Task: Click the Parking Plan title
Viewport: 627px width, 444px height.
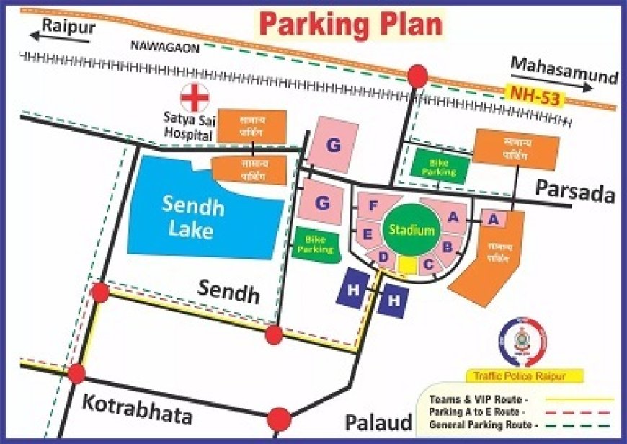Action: pos(350,23)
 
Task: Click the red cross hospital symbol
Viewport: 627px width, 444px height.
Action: pos(194,99)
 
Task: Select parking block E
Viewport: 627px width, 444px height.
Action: pos(367,234)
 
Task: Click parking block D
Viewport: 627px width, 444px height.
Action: pos(383,257)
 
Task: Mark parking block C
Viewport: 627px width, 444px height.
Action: pos(428,265)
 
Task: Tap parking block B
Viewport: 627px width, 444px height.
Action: pos(447,247)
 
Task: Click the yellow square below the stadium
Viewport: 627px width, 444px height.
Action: pos(406,266)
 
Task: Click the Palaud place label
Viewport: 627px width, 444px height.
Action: pos(378,422)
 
